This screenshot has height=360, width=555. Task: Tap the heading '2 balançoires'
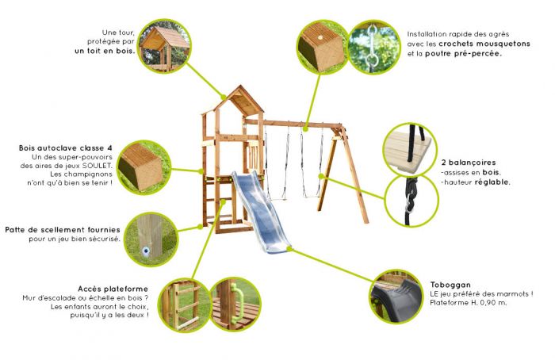pyautogui.click(x=469, y=163)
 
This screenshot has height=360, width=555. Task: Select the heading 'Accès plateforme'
pyautogui.click(x=113, y=289)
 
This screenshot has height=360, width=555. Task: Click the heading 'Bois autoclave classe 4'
pyautogui.click(x=67, y=148)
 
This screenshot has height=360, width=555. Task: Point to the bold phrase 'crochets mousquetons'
pyautogui.click(x=484, y=44)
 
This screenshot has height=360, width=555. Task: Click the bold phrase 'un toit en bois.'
pyautogui.click(x=105, y=51)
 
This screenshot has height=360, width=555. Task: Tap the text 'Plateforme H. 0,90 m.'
pyautogui.click(x=469, y=303)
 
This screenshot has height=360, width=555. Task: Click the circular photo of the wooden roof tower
pyautogui.click(x=165, y=46)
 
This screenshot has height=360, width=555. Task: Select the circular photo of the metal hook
pyautogui.click(x=373, y=47)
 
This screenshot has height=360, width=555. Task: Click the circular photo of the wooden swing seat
pyautogui.click(x=410, y=149)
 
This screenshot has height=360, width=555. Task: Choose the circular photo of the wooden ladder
pyautogui.click(x=184, y=305)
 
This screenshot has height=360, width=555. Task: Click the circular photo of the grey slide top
pyautogui.click(x=396, y=297)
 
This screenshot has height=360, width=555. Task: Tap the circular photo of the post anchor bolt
pyautogui.click(x=151, y=239)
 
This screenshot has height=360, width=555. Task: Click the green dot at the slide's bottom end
pyautogui.click(x=289, y=249)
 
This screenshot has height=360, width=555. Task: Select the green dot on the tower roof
pyautogui.click(x=224, y=97)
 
